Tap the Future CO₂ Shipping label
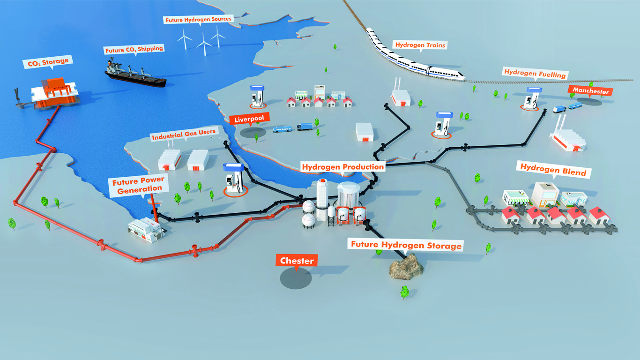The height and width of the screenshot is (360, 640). (134, 50)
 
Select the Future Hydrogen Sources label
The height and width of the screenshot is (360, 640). (199, 19)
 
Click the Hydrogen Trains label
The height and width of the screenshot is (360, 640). (420, 45)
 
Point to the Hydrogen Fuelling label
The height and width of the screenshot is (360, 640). (535, 74)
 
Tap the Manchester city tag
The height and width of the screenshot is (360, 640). (591, 90)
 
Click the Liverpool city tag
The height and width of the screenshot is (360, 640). (249, 119)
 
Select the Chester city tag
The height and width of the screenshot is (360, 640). (297, 261)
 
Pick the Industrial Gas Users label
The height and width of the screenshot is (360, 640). (184, 134)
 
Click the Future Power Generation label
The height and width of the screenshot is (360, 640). (139, 185)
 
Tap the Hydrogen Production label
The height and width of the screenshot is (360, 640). (343, 167)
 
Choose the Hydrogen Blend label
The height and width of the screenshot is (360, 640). (553, 170)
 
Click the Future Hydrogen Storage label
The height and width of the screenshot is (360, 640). (406, 245)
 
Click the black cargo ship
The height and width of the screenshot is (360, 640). (135, 73)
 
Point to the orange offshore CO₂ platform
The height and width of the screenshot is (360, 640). (54, 93)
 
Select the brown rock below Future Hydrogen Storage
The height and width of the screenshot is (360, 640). (406, 267)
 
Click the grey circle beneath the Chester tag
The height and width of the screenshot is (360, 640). (296, 278)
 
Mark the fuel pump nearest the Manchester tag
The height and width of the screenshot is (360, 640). (531, 98)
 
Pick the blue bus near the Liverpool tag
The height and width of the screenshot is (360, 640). (282, 129)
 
